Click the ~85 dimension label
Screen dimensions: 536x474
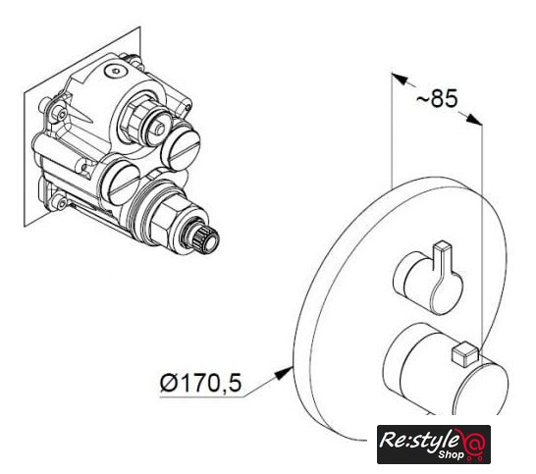[x=437, y=98]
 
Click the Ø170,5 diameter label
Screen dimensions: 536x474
[x=200, y=382]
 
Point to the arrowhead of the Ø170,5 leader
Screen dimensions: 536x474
[x=284, y=372]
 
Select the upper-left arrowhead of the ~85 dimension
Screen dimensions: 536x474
[x=400, y=79]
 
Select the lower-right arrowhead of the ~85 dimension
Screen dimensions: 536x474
[x=474, y=120]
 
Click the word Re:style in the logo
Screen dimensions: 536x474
[x=419, y=441]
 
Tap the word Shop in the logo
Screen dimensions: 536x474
[x=451, y=454]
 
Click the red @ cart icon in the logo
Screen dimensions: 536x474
[x=474, y=444]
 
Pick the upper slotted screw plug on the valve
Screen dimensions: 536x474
[x=181, y=149]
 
